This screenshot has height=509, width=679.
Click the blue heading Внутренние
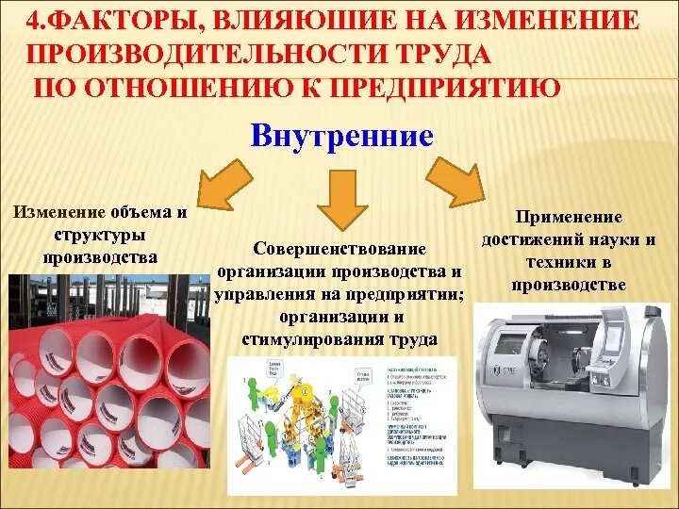342,136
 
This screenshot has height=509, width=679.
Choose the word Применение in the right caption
568,217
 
